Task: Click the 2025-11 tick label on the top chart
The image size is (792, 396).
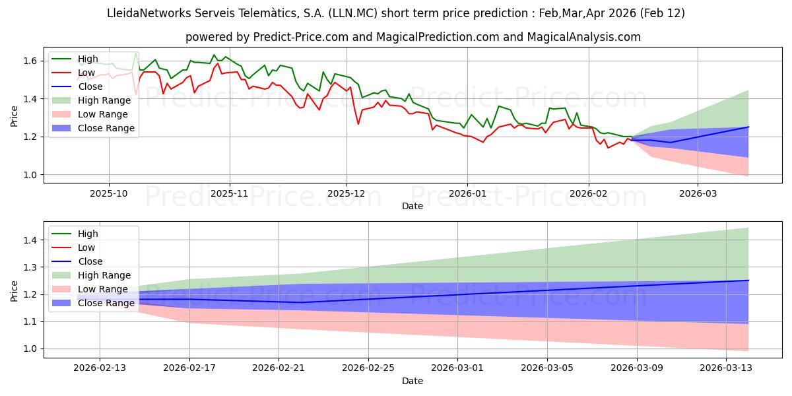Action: pos(229,194)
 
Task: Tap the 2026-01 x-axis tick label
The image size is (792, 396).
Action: pos(467,194)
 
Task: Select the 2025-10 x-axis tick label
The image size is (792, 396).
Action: pos(109,194)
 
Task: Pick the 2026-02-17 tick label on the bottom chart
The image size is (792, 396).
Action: pos(189,368)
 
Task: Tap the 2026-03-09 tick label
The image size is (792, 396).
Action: pos(636,368)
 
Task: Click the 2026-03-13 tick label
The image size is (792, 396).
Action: pos(725,368)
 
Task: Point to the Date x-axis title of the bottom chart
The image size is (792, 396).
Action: pos(412,381)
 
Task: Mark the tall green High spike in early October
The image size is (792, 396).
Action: pos(136,53)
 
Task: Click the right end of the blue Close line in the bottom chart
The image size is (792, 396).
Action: pos(748,280)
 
